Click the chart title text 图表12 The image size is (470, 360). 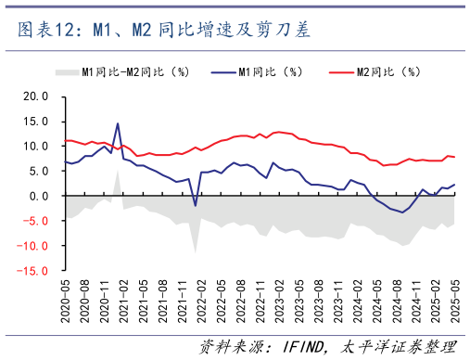coord(50,32)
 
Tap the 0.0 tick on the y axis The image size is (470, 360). coord(38,196)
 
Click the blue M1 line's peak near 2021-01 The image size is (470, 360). coord(118,123)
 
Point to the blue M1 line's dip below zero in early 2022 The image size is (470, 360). coord(195,205)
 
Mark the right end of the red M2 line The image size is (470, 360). coord(454,157)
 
